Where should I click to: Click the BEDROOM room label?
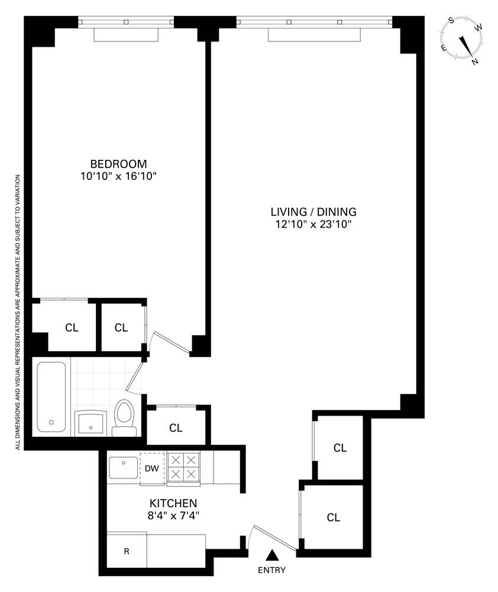[x=118, y=164]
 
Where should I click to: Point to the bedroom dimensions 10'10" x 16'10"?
[x=118, y=176]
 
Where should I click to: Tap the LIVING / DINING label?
[x=313, y=211]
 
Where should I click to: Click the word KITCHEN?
[x=173, y=503]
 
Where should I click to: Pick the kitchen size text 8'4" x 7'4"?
[x=173, y=515]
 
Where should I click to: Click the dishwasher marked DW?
[x=152, y=469]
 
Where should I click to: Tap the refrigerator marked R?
[x=126, y=551]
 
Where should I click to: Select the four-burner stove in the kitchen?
[x=183, y=468]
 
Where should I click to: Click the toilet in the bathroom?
[x=124, y=417]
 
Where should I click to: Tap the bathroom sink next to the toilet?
[x=92, y=423]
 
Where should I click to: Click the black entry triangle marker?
[x=272, y=555]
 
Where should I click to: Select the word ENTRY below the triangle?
[x=272, y=571]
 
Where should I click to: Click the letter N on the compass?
[x=474, y=61]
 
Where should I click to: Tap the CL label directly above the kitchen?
[x=176, y=427]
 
